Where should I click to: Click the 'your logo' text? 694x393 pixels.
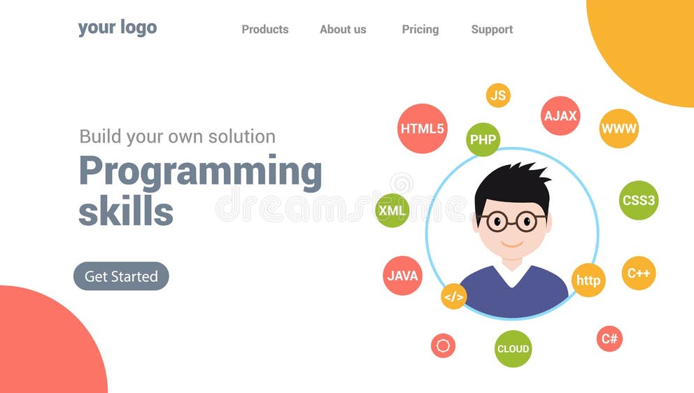117,28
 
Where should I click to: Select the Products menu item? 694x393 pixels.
264,29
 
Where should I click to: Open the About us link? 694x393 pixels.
343,29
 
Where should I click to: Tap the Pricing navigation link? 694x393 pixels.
420,29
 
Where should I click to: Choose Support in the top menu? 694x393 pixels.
492,29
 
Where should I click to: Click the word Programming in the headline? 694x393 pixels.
200,172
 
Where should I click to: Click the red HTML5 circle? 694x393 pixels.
422,129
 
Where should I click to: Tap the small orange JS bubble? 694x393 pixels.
498,96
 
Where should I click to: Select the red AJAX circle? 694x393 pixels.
560,116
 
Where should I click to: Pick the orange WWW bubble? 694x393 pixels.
619,129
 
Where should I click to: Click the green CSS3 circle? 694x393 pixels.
639,201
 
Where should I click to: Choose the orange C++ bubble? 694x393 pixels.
639,273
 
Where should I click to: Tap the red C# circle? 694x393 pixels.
609,339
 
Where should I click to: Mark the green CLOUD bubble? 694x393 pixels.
513,349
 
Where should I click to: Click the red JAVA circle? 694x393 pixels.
402,276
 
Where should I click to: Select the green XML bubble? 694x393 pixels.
392,210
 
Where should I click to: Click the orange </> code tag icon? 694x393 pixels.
453,296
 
